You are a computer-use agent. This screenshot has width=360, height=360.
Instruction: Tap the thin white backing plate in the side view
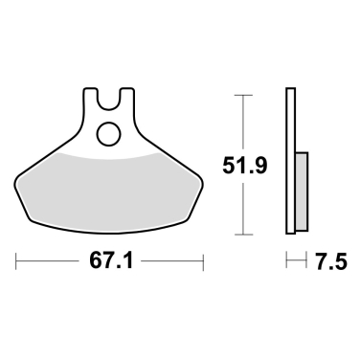pyautogui.click(x=290, y=163)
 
